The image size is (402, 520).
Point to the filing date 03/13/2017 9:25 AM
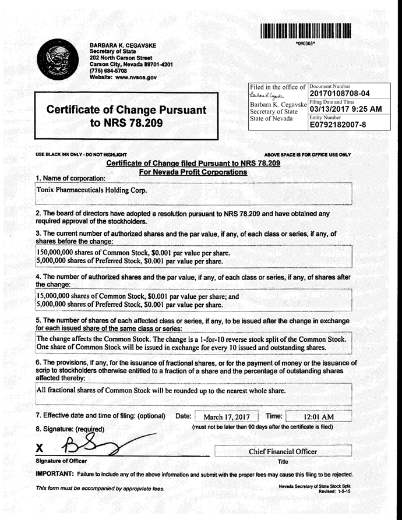(x=345, y=108)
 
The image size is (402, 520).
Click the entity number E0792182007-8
(x=337, y=123)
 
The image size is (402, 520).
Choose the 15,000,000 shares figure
(x=54, y=296)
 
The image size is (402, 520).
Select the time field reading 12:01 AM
(x=319, y=417)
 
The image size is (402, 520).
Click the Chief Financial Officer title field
(x=283, y=451)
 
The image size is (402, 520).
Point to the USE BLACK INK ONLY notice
(x=77, y=154)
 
